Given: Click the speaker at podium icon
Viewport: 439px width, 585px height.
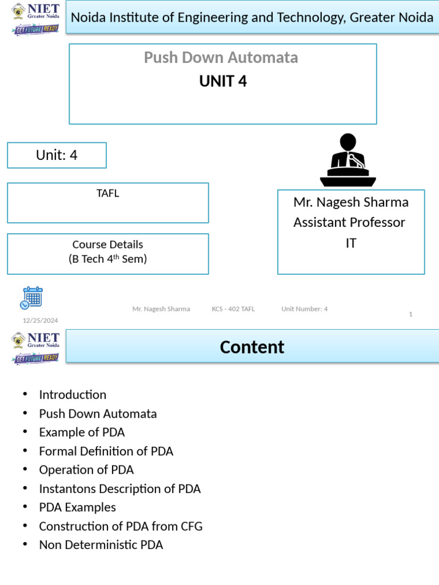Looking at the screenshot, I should pyautogui.click(x=348, y=160).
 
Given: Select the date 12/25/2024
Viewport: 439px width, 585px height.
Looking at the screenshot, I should pyautogui.click(x=40, y=320).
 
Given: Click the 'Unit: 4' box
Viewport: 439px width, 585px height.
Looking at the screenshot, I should pyautogui.click(x=57, y=155).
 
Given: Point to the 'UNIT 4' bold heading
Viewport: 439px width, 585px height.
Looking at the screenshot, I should pyautogui.click(x=223, y=82).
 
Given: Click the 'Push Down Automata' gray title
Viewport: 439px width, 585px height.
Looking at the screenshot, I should pyautogui.click(x=221, y=58).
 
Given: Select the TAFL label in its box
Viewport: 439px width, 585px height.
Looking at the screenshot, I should pyautogui.click(x=107, y=193).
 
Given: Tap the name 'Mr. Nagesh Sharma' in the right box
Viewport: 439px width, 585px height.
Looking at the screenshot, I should pyautogui.click(x=351, y=202).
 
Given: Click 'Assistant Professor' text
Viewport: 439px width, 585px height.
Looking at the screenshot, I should pyautogui.click(x=349, y=222).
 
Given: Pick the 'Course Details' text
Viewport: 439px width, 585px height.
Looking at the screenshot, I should pyautogui.click(x=107, y=245).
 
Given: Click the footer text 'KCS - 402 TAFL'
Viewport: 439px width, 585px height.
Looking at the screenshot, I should pyautogui.click(x=233, y=309).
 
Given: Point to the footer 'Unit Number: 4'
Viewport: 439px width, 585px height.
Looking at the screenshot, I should pyautogui.click(x=305, y=309).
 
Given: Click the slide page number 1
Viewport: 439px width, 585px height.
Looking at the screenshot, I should pyautogui.click(x=410, y=314).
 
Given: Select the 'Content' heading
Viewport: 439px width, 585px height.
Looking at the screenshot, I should pyautogui.click(x=252, y=347).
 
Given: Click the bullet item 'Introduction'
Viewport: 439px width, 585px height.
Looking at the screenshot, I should pyautogui.click(x=73, y=395).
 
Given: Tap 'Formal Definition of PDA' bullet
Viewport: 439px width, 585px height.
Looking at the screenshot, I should pyautogui.click(x=106, y=451).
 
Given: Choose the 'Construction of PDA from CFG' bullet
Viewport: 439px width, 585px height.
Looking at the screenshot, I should pyautogui.click(x=121, y=526).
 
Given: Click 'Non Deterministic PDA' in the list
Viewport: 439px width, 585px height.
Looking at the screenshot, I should pyautogui.click(x=101, y=545).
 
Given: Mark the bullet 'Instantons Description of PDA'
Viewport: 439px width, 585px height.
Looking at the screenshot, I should pyautogui.click(x=119, y=489).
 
